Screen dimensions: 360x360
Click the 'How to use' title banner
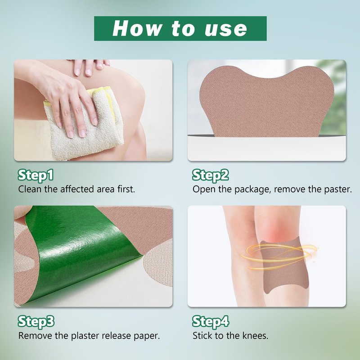(x=180, y=28)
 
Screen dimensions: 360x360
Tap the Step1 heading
(x=36, y=175)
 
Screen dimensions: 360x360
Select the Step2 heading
(x=210, y=175)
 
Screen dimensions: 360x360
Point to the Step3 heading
(x=36, y=321)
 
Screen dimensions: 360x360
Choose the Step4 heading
(x=211, y=321)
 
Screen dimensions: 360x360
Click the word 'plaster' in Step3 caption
(x=85, y=336)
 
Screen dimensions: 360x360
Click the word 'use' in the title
(x=226, y=29)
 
